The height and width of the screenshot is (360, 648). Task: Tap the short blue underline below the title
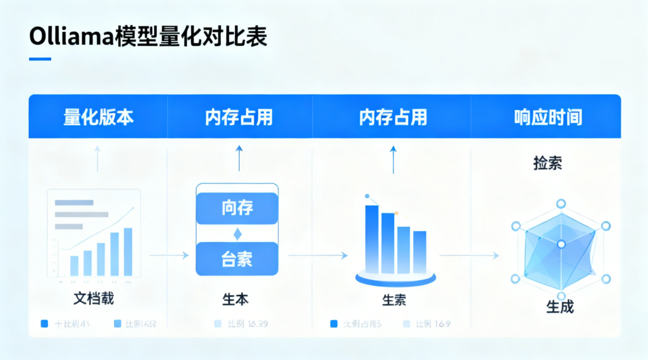coord(40,59)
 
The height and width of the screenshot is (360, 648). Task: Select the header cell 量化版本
coord(98,117)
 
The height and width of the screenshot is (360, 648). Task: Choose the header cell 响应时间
coord(548,117)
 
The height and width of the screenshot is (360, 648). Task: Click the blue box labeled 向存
coord(237,208)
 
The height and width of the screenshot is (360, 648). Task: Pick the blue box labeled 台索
coord(237,258)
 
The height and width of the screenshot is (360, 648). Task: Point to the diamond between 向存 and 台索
coord(237,234)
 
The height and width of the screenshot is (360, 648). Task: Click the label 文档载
coord(93,299)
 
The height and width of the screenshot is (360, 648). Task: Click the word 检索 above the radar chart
coord(547,163)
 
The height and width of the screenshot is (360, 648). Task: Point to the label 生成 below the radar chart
coord(560,306)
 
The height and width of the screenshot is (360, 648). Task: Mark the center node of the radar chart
coord(561,244)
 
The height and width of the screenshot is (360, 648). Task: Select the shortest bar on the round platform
coord(420,252)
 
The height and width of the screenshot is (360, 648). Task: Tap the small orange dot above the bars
coord(396,212)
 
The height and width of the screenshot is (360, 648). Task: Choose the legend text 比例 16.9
coord(433,324)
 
